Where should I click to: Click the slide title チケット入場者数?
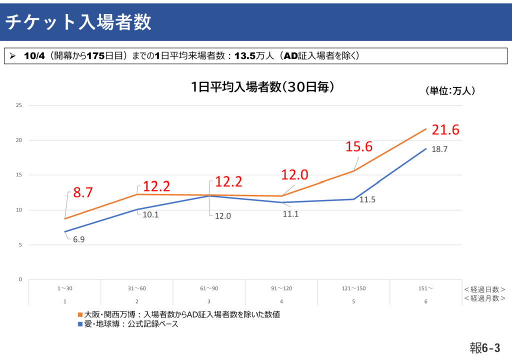tap(78, 22)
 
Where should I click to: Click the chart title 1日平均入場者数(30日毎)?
tap(262, 86)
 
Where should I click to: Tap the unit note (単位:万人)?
tap(450, 91)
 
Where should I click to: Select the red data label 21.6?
tap(445, 129)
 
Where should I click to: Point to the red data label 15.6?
tap(359, 146)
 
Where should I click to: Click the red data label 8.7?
tap(83, 192)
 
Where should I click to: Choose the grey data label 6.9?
tap(78, 239)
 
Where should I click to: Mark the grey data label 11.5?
tap(367, 200)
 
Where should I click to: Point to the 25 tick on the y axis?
tap(19, 105)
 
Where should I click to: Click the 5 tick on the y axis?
tap(20, 244)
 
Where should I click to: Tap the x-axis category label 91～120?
tap(281, 289)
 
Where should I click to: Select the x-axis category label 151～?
tap(425, 289)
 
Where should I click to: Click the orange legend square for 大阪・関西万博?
tap(80, 314)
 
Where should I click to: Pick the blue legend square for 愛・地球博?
tap(80, 324)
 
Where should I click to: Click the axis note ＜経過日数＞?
tap(484, 289)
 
